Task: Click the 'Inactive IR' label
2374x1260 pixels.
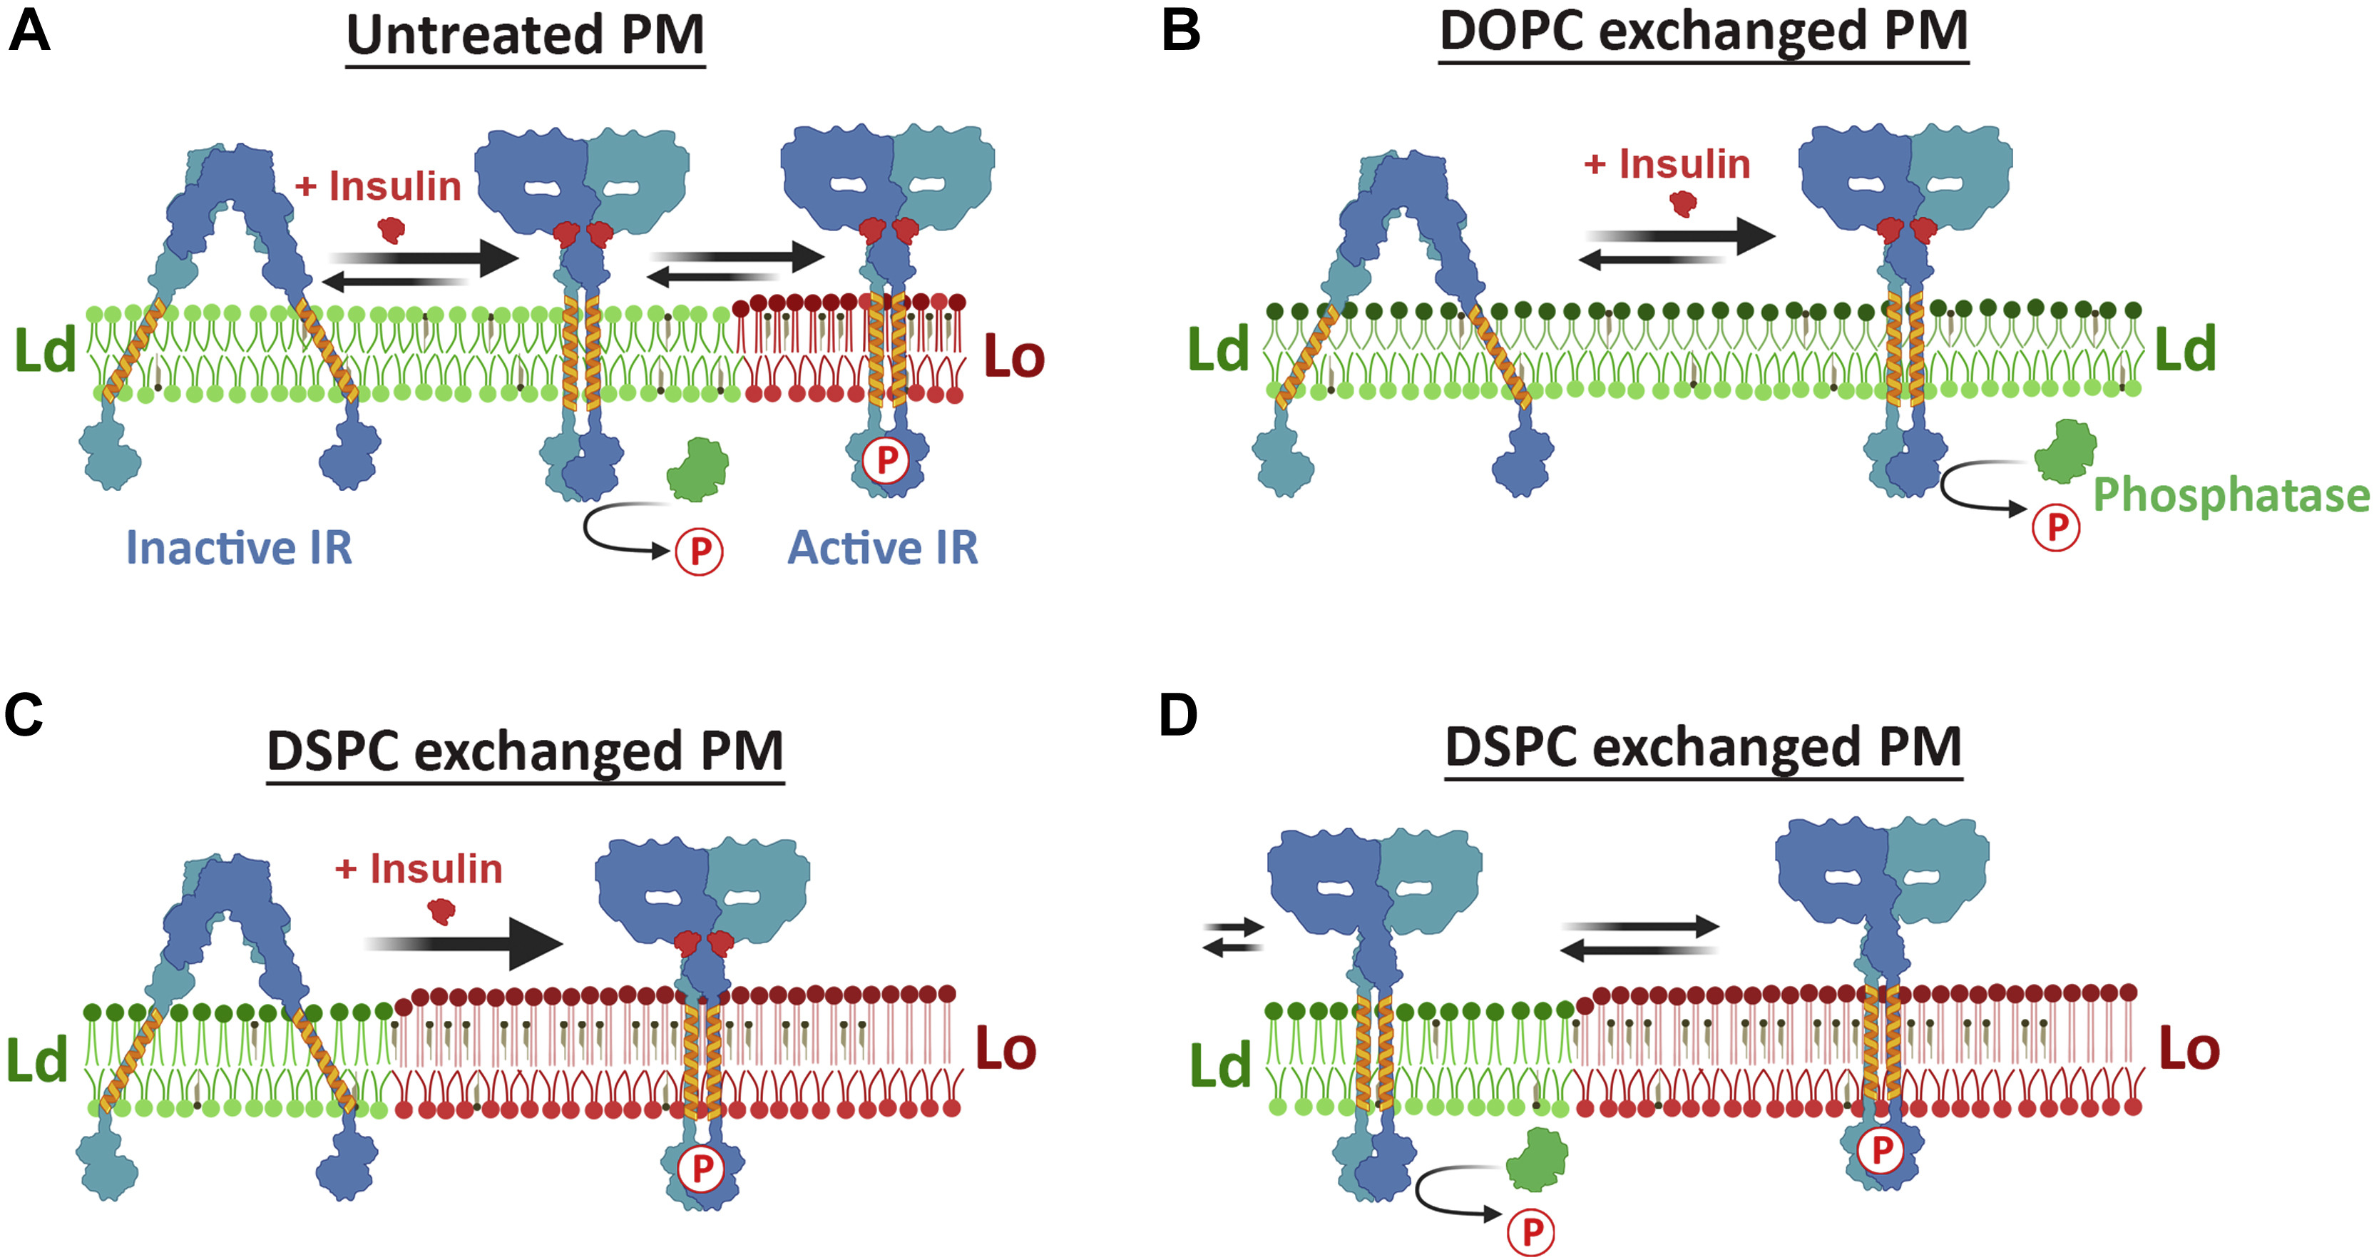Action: coord(239,547)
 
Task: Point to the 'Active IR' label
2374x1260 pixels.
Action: coord(882,547)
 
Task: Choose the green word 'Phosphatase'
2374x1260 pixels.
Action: coord(2230,495)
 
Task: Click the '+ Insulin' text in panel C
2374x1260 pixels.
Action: coord(419,869)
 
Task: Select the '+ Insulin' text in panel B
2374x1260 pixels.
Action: coord(1667,164)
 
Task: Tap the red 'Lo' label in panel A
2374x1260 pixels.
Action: coord(1014,357)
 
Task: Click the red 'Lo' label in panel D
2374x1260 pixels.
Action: coord(2190,1049)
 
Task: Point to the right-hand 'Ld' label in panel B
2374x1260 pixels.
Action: coord(2185,350)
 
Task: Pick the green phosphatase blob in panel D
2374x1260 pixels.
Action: coord(1536,1159)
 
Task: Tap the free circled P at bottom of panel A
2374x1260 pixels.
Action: coord(700,552)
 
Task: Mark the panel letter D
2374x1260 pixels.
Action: coord(1178,716)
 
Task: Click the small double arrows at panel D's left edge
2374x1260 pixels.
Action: coord(1233,938)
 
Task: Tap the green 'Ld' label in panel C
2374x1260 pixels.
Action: coord(37,1060)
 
